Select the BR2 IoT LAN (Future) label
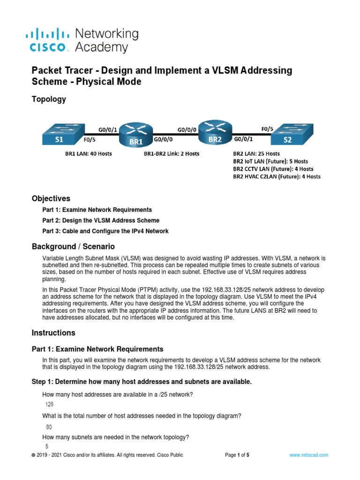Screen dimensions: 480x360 [270, 161]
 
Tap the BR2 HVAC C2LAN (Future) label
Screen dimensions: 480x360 [277, 177]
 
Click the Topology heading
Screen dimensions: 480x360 [49, 99]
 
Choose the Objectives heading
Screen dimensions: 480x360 [51, 198]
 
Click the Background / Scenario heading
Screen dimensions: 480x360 [73, 247]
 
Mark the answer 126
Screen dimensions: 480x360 [50, 404]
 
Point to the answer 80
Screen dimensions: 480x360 [49, 427]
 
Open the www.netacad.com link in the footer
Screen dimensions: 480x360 [308, 455]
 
